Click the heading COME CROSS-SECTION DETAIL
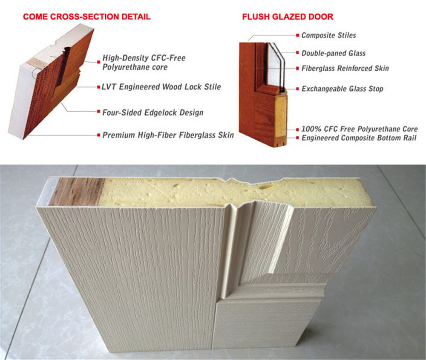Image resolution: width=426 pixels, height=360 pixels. click(86, 17)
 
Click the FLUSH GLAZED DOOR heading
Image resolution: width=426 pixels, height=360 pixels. click(288, 17)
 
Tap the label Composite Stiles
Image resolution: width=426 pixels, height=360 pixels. click(328, 35)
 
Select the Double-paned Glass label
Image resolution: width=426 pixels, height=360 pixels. click(333, 53)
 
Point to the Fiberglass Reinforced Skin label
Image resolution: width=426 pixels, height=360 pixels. click(345, 68)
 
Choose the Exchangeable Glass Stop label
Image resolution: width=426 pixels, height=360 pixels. click(342, 89)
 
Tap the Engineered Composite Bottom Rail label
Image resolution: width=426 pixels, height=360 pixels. click(360, 138)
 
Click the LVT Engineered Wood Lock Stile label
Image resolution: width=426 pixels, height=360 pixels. click(161, 87)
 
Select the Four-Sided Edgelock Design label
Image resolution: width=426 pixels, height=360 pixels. click(153, 113)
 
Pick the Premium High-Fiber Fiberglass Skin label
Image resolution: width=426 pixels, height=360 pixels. click(168, 135)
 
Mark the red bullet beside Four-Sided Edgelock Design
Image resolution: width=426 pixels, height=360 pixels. click(98, 113)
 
